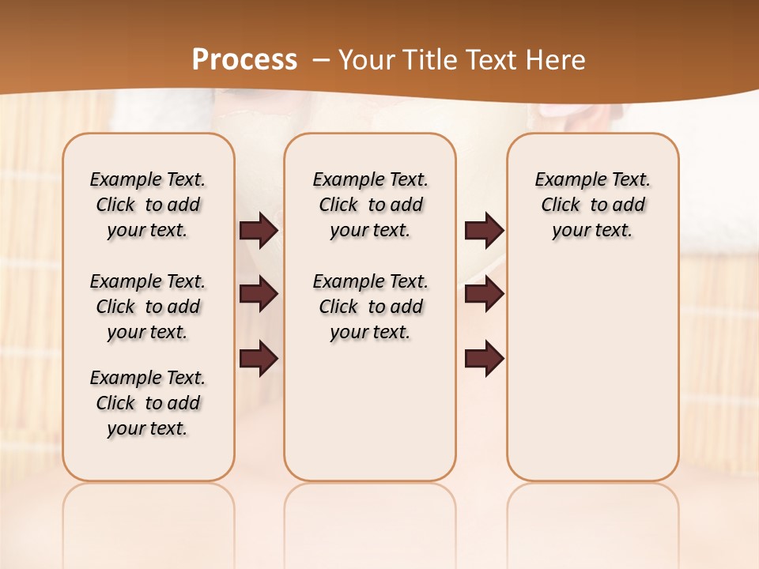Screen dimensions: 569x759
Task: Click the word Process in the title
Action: pos(244,59)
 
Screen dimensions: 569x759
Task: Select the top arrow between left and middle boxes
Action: pos(259,230)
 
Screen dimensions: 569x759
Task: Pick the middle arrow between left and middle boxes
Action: pos(259,294)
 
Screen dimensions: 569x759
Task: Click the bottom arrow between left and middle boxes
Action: pos(259,358)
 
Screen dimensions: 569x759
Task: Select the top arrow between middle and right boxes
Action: pos(484,230)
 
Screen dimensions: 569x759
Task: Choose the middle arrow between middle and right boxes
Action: pos(484,294)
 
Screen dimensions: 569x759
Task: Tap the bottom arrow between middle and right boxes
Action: pos(484,358)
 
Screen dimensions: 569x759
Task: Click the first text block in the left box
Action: pos(148,205)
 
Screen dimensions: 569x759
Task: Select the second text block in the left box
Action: pos(148,307)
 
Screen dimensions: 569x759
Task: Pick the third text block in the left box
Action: pos(148,403)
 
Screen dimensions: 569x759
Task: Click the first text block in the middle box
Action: pos(370,205)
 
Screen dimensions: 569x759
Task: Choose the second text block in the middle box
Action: pos(370,307)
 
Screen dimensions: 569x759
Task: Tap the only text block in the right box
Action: pos(592,205)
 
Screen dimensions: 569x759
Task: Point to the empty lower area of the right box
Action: pos(592,371)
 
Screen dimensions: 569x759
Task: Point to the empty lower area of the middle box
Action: pos(370,411)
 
